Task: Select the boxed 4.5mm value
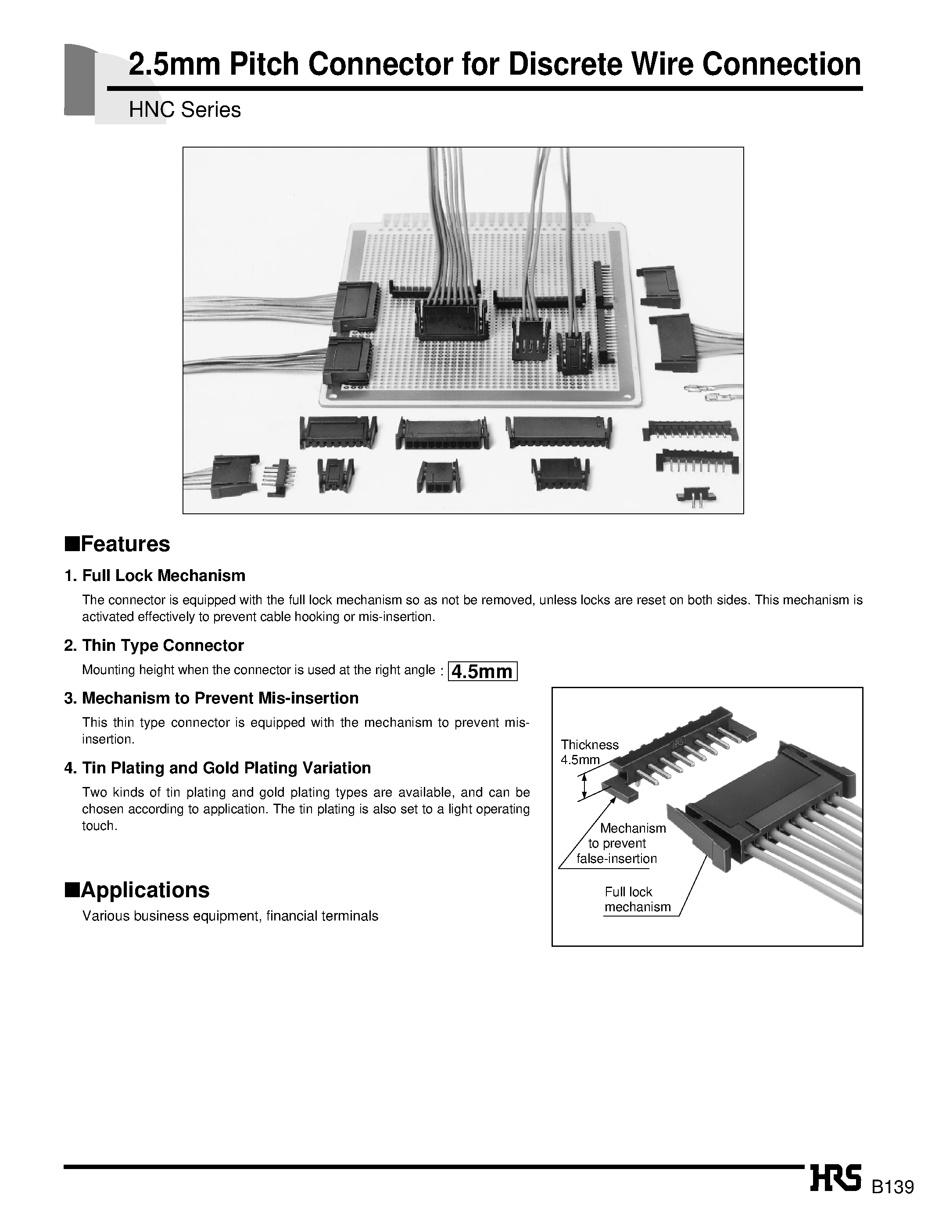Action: click(x=482, y=671)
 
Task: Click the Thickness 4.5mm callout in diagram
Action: click(x=589, y=752)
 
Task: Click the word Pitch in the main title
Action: click(x=264, y=65)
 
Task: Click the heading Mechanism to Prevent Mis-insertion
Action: click(x=220, y=698)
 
